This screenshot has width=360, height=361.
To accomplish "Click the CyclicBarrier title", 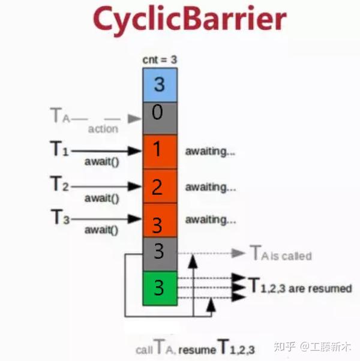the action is coord(179,20).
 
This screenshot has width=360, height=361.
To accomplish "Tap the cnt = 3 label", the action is coord(160,59).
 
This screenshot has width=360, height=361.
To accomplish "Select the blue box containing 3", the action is coord(160,83).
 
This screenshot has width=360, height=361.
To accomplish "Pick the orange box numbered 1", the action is coord(160,151).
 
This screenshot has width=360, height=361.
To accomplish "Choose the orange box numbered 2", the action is coord(160,186).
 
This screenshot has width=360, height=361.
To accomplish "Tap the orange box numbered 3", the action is coord(160,221).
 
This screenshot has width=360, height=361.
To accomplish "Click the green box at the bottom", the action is coord(160,288).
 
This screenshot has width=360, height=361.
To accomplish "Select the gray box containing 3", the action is coord(160,253).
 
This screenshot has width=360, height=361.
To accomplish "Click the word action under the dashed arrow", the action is coord(103,128).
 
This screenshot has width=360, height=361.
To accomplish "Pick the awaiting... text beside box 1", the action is coord(210,152).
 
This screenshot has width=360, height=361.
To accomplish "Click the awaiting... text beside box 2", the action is coord(210,186).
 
